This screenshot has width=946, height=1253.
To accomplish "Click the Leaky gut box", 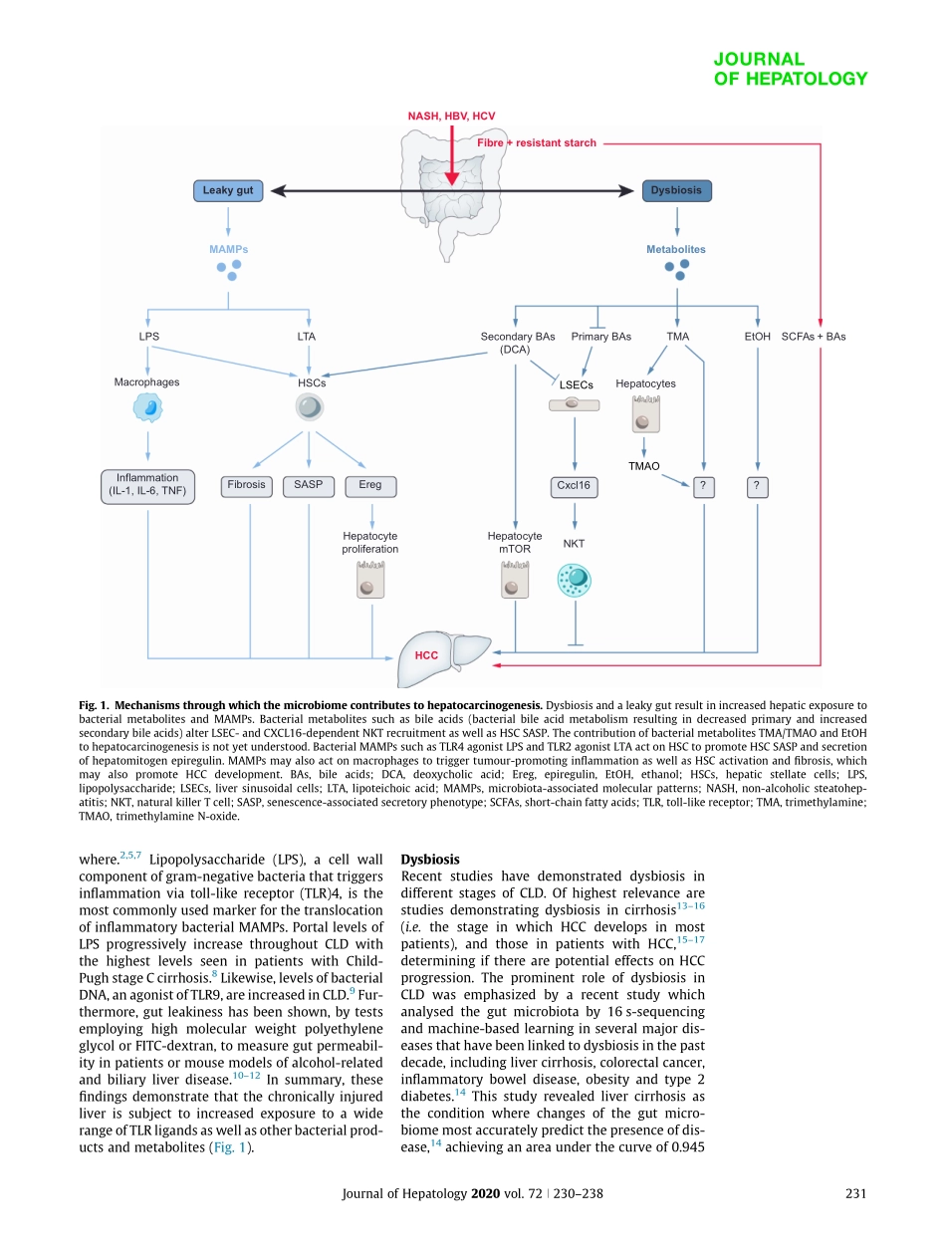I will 228,190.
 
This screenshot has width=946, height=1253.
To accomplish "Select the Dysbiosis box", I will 677,190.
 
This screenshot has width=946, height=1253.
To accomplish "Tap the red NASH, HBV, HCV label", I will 451,117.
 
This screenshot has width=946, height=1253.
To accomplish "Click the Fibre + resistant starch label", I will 537,142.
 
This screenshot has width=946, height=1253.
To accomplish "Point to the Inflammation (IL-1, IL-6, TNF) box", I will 147,484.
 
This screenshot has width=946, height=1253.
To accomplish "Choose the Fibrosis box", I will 246,485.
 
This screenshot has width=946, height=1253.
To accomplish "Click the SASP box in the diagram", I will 309,485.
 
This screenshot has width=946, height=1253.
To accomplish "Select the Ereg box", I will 370,485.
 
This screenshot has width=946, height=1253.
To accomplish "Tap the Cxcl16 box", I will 574,486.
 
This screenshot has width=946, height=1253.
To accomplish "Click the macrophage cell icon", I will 147,406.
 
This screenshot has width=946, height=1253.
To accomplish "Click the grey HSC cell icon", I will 310,407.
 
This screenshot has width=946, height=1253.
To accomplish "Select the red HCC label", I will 427,656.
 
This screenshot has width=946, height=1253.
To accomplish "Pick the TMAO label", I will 643,465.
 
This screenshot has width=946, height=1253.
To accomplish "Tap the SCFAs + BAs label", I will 814,337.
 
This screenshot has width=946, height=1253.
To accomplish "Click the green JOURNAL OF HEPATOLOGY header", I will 790,69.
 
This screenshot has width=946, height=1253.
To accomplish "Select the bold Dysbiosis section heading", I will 430,858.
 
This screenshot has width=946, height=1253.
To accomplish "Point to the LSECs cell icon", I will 574,404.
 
